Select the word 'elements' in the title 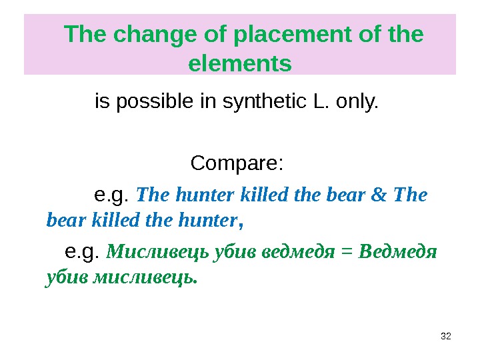point(241,64)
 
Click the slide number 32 point(447,335)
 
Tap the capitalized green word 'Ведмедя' point(397,253)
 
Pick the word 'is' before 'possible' point(102,103)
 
